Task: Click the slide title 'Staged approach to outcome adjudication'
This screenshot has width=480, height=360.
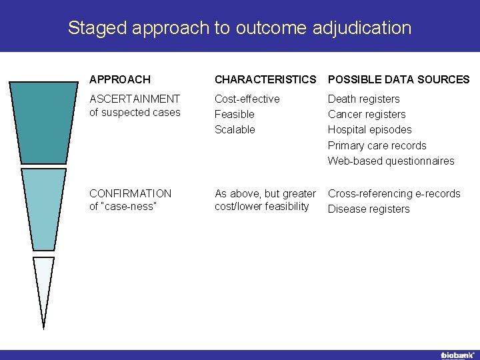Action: (x=239, y=28)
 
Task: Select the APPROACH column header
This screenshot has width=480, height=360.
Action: (x=120, y=79)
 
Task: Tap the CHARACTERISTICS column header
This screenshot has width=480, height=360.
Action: (x=265, y=79)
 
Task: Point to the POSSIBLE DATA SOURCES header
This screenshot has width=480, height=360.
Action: (x=399, y=79)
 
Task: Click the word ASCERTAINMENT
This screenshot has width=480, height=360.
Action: (x=135, y=99)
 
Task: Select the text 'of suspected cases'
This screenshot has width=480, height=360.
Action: (x=135, y=112)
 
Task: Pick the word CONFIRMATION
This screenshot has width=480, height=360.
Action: (x=130, y=193)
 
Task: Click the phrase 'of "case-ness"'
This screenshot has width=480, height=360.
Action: (x=123, y=206)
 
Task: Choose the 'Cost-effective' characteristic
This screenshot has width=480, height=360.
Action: (x=247, y=99)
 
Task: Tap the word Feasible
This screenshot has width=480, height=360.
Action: (x=234, y=114)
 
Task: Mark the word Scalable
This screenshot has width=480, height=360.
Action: (x=235, y=129)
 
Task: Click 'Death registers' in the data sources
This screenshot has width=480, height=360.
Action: (x=363, y=99)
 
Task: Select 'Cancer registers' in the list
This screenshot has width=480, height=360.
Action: (x=366, y=114)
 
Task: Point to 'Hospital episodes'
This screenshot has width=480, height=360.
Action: (x=369, y=129)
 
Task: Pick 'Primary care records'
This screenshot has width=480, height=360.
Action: (x=377, y=145)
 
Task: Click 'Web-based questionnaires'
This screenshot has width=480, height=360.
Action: (x=391, y=161)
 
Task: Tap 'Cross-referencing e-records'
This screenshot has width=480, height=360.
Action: (x=394, y=193)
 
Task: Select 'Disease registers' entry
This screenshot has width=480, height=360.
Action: (x=369, y=209)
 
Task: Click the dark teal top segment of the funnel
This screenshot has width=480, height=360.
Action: (x=43, y=123)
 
